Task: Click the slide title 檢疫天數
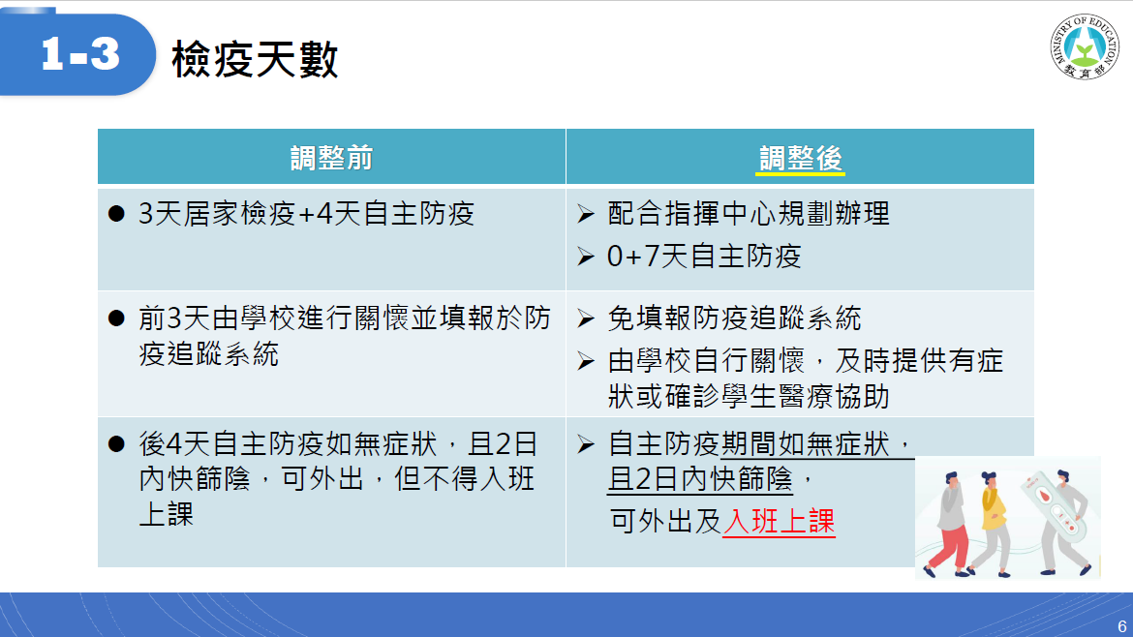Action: pyautogui.click(x=255, y=58)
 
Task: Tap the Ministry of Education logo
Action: pyautogui.click(x=1084, y=46)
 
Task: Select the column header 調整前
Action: pyautogui.click(x=331, y=158)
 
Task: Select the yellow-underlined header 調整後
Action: pyautogui.click(x=801, y=158)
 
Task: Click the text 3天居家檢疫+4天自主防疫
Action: pyautogui.click(x=306, y=214)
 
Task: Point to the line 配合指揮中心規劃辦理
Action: pyautogui.click(x=749, y=214)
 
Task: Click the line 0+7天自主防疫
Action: pyautogui.click(x=705, y=257)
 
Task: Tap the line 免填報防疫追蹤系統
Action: pyautogui.click(x=735, y=318)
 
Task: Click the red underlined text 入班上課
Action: pyautogui.click(x=779, y=521)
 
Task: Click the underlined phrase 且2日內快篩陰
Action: pyautogui.click(x=700, y=479)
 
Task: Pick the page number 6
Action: pyautogui.click(x=1121, y=626)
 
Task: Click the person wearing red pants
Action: pyautogui.click(x=949, y=524)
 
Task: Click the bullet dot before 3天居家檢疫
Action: pyautogui.click(x=116, y=214)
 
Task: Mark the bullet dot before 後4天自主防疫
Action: pyautogui.click(x=116, y=443)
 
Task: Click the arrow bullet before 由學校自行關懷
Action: pyautogui.click(x=586, y=361)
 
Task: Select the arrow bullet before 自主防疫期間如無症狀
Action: pyautogui.click(x=586, y=444)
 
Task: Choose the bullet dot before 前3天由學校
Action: pyautogui.click(x=116, y=318)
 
